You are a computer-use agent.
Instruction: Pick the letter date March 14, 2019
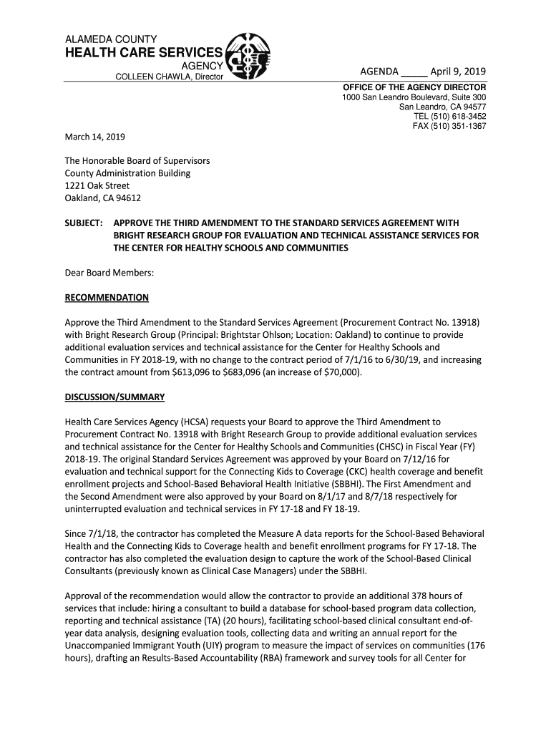pos(95,137)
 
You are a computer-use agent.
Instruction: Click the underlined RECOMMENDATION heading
pos(107,297)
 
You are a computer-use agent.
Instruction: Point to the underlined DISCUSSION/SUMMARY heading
pos(114,397)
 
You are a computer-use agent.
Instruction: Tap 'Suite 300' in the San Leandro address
pos(467,97)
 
